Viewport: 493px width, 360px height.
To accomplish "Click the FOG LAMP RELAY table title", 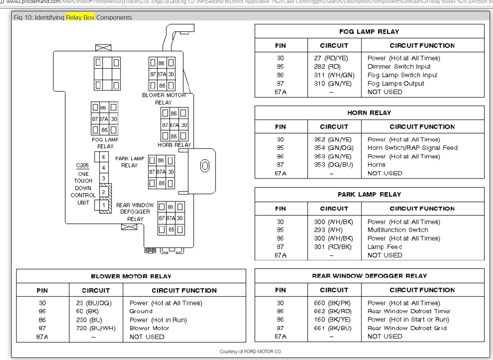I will [x=369, y=32].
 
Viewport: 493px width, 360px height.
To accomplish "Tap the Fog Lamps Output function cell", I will [x=396, y=84].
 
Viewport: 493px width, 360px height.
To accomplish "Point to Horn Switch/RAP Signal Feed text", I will [x=412, y=148].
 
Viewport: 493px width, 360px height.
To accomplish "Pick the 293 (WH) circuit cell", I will [x=328, y=230].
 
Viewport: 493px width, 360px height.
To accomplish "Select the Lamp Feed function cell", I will [x=384, y=247].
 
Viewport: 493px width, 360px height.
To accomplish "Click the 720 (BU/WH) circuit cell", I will [x=93, y=328].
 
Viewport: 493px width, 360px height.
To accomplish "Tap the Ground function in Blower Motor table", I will [x=141, y=311].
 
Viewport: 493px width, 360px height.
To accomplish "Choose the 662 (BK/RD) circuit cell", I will [x=332, y=311].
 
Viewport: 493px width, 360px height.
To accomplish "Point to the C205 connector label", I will [x=83, y=166].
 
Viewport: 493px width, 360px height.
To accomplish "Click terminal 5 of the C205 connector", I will [x=104, y=157].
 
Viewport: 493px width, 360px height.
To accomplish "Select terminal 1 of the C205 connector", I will [x=104, y=205].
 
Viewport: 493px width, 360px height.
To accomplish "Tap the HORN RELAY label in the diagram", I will [x=174, y=145].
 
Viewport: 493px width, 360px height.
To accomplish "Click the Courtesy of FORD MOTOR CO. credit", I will [x=250, y=352].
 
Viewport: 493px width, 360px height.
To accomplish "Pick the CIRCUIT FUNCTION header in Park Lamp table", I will [x=422, y=208].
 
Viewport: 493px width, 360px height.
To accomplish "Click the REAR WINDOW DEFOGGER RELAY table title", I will [x=369, y=276].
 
